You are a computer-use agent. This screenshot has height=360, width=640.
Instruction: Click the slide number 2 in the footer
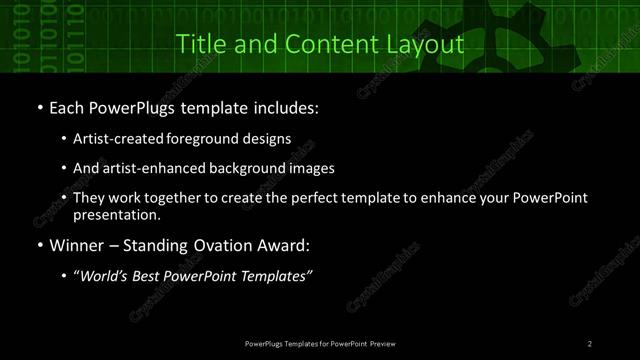tap(590, 343)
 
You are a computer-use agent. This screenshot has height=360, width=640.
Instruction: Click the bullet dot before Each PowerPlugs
tap(38, 106)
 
